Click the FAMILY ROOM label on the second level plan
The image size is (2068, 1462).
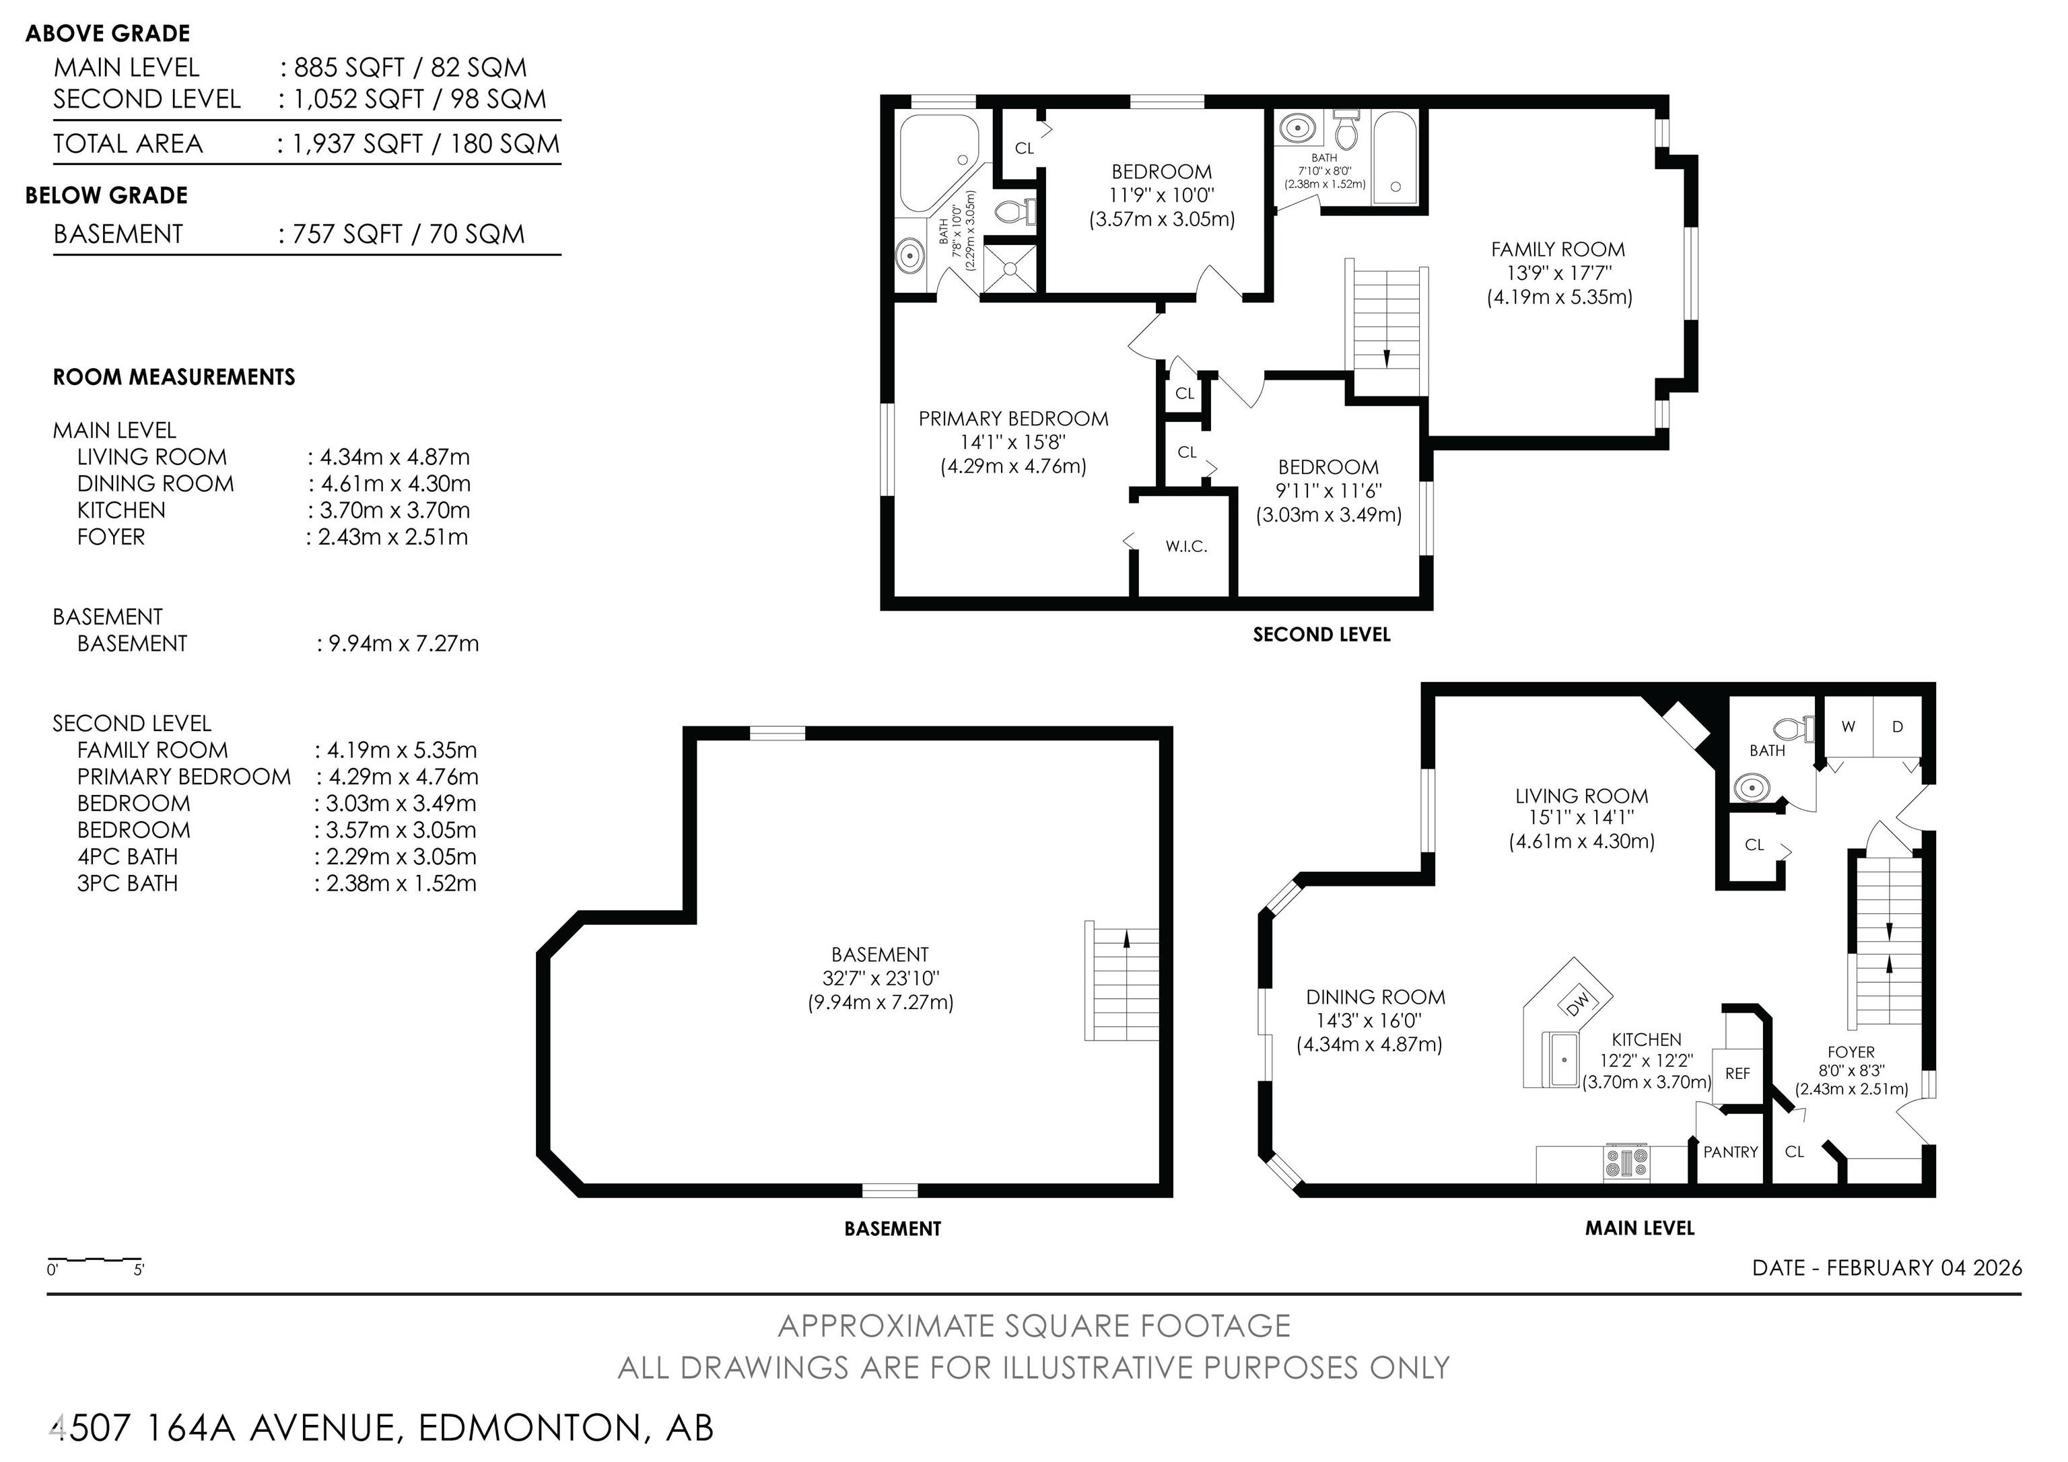(1558, 250)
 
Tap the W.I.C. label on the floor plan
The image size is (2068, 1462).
(1186, 546)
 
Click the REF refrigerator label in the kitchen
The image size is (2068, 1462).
(1737, 1073)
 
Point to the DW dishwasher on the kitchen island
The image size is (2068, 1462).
(1578, 1002)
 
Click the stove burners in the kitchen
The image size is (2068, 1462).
(1626, 1162)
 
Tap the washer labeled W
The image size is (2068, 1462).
(1849, 726)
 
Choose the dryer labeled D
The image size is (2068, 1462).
(1897, 726)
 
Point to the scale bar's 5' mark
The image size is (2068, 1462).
(139, 1270)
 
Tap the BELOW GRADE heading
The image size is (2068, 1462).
(106, 195)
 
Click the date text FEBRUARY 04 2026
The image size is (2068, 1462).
(1924, 1267)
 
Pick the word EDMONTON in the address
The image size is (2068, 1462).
(530, 1428)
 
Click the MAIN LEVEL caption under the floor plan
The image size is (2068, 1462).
(1639, 1228)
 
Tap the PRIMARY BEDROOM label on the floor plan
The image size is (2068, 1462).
(1013, 418)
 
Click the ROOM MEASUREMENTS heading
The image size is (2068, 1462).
(174, 376)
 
